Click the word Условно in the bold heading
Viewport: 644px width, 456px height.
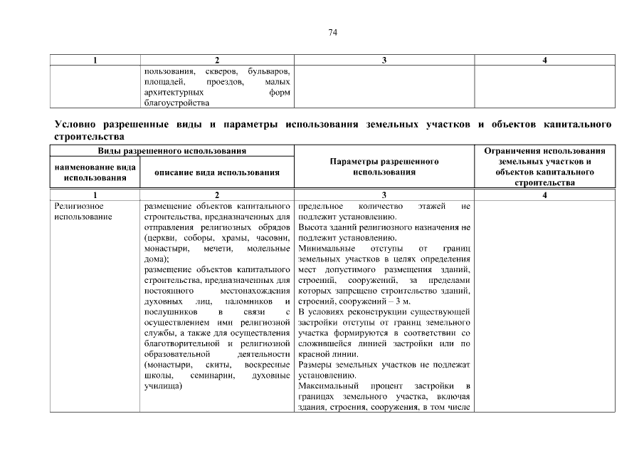[75, 125]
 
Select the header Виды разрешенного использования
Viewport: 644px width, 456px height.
[172, 151]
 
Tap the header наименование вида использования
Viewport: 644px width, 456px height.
[95, 172]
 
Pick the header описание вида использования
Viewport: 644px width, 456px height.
[217, 172]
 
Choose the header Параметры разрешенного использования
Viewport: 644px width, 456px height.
[384, 167]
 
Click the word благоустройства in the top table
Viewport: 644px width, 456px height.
[176, 103]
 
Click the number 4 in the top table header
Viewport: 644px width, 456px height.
[544, 61]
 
